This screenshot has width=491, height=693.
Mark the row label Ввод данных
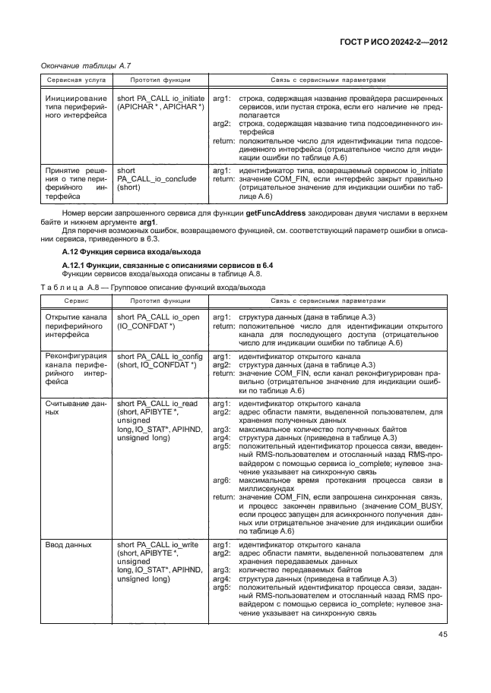coord(69,545)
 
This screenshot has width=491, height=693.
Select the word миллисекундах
coord(268,490)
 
